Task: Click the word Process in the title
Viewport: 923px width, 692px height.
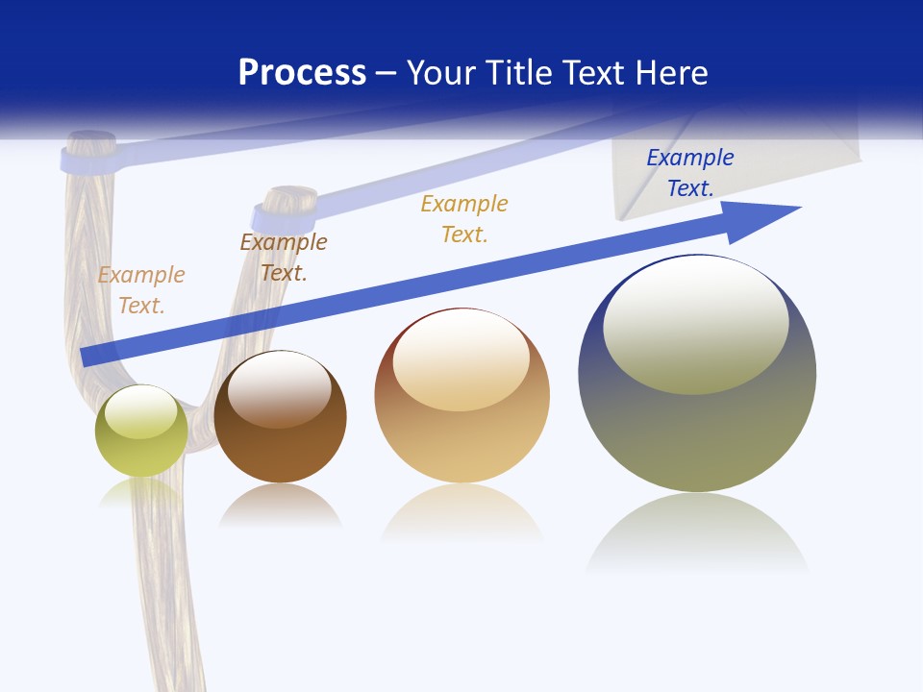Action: [x=302, y=73]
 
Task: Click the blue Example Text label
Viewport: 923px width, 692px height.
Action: [x=689, y=173]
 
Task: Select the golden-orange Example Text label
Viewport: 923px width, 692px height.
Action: [x=464, y=218]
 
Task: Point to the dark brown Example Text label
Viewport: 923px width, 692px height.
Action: [x=284, y=258]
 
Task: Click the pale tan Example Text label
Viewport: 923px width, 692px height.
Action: [x=141, y=289]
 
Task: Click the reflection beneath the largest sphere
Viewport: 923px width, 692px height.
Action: [x=697, y=533]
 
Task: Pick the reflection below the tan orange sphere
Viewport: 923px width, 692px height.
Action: [x=461, y=514]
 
